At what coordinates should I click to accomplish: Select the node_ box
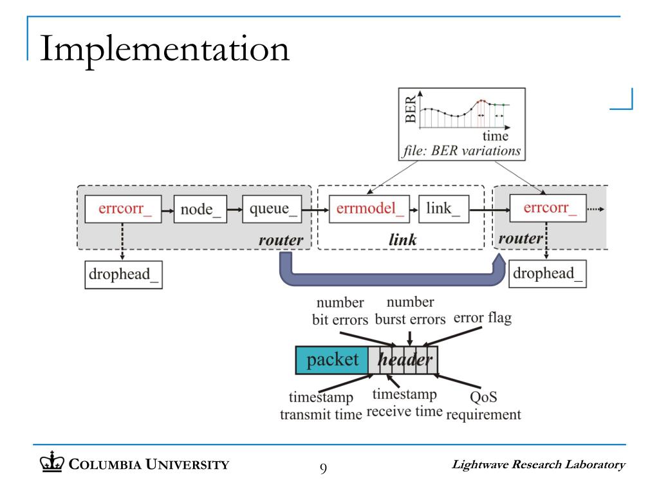point(200,209)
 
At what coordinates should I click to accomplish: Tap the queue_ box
point(272,209)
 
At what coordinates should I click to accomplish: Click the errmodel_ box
point(369,209)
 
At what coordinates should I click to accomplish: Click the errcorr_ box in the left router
point(123,209)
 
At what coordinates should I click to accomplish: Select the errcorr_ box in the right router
point(548,208)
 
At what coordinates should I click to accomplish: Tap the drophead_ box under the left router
point(124,275)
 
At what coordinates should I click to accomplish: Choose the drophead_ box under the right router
point(548,274)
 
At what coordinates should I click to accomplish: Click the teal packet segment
point(332,360)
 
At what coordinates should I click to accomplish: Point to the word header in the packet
point(405,360)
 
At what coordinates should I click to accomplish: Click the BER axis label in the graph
point(410,109)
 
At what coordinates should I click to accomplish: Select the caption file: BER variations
point(461,151)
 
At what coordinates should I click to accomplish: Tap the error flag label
point(483,318)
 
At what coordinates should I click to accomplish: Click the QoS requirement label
point(483,405)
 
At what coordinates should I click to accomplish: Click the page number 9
point(323,468)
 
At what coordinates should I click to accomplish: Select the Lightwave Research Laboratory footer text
point(539,464)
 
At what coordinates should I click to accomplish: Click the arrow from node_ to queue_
point(234,210)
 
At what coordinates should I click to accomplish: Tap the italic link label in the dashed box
point(403,240)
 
